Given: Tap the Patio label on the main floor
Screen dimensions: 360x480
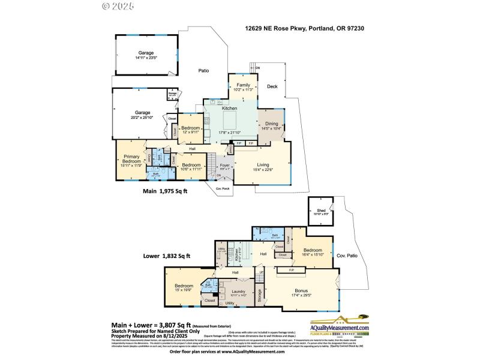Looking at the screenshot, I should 204,71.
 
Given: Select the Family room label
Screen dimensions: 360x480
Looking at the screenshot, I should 243,85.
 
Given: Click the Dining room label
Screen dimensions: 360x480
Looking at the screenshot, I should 272,123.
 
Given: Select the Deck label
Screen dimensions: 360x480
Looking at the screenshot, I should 272,86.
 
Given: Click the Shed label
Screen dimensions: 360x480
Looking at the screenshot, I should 320,210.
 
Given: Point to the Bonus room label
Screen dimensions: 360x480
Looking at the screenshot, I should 302,290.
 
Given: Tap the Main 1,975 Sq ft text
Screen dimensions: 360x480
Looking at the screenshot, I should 165,191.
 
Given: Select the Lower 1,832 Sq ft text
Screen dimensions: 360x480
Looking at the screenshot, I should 167,256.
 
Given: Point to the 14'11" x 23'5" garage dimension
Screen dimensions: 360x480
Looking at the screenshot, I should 146,58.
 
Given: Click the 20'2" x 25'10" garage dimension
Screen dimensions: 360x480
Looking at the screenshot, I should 142,118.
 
